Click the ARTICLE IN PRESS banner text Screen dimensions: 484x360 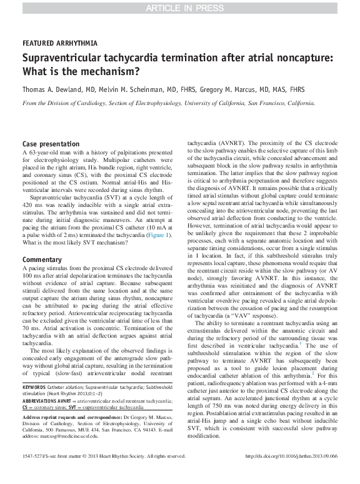179,8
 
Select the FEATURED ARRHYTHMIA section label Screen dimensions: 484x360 59,44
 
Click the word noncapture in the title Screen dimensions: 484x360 299,58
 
